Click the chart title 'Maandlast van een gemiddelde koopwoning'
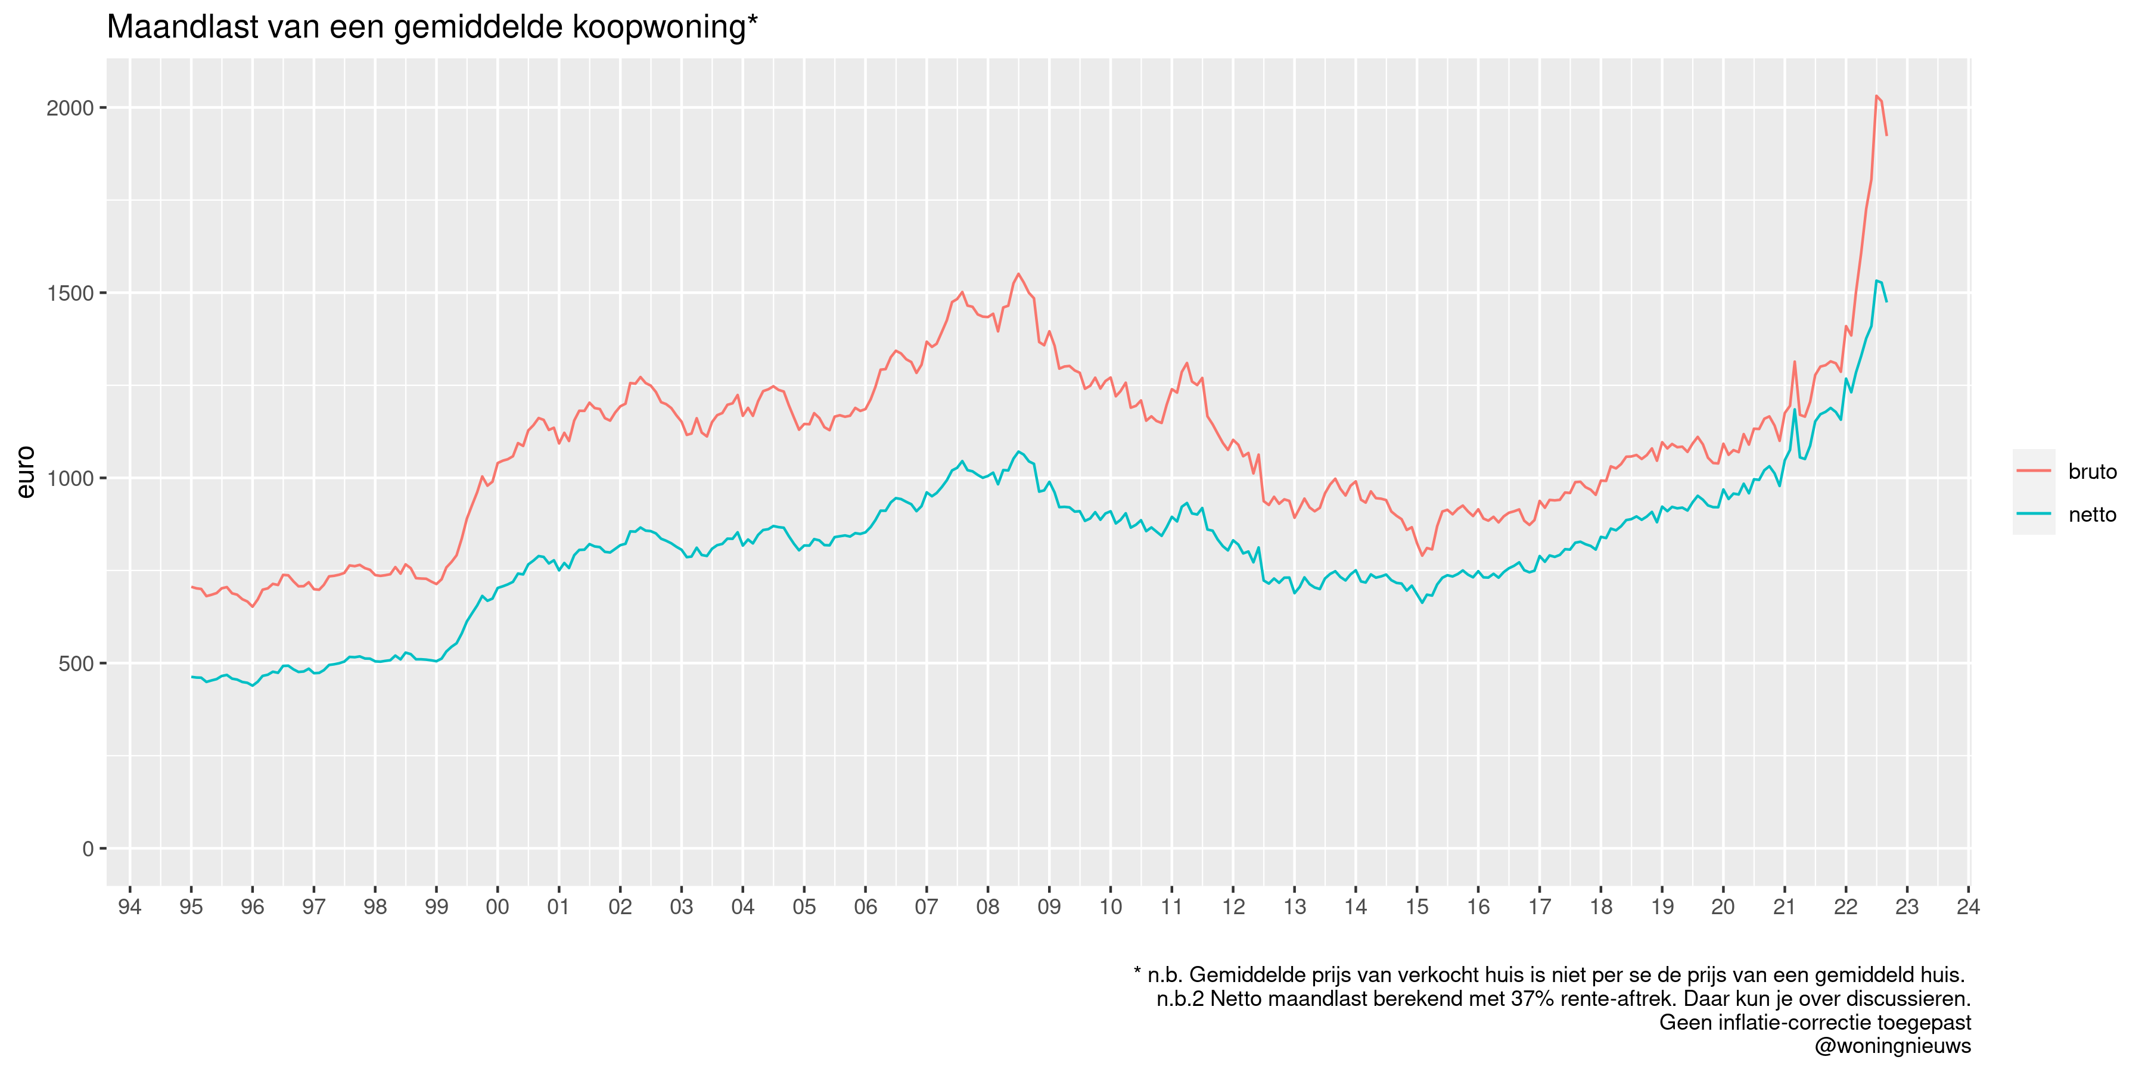[x=431, y=27]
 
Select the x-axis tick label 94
[x=130, y=907]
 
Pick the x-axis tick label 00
[x=497, y=907]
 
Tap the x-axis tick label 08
[x=987, y=907]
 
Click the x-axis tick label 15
[x=1416, y=907]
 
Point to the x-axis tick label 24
[x=1967, y=907]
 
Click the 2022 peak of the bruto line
[x=1876, y=96]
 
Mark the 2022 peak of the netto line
[x=1876, y=281]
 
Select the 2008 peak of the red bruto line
[x=1018, y=273]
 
